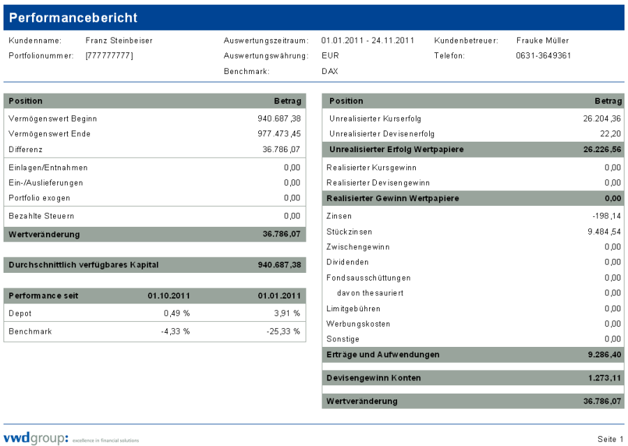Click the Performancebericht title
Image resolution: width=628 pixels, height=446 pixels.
point(73,17)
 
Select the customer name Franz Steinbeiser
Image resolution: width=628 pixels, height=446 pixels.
point(119,40)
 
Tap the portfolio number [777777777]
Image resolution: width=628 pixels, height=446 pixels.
point(109,56)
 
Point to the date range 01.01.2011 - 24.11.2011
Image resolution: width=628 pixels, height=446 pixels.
point(368,40)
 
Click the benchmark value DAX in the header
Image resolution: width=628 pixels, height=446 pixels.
point(329,71)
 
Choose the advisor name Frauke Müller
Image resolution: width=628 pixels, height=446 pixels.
point(542,40)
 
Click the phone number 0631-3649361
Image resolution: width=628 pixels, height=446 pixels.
point(544,56)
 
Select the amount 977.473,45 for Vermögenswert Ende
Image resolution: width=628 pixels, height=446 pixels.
point(279,134)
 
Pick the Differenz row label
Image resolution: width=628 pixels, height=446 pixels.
point(26,149)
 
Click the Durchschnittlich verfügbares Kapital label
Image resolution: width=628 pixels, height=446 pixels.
point(84,265)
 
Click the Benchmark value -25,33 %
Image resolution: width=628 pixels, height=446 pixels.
point(283,332)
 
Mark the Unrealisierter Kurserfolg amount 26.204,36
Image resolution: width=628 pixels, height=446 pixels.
point(601,119)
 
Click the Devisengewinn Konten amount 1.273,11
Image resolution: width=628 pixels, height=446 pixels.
point(604,378)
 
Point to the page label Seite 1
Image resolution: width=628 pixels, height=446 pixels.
point(611,439)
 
